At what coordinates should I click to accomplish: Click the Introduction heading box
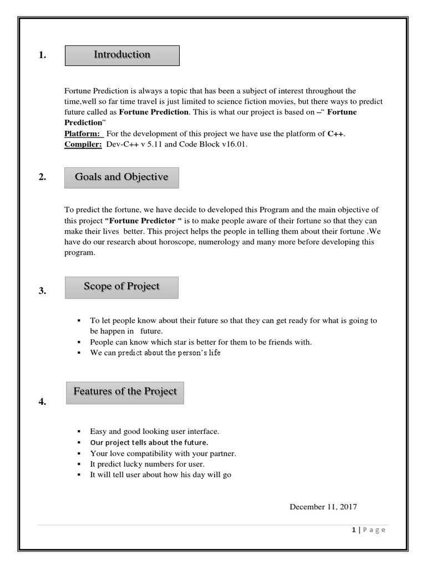(122, 55)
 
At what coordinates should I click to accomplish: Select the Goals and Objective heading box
(121, 177)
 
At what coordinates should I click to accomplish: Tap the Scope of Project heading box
(121, 287)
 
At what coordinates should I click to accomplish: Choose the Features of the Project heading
(125, 392)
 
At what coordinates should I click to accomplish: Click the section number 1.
(42, 55)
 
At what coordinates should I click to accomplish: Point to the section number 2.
(42, 177)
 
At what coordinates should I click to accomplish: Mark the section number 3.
(42, 291)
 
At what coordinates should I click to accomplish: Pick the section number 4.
(42, 402)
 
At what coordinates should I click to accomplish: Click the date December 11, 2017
(323, 506)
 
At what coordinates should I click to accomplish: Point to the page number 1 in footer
(353, 530)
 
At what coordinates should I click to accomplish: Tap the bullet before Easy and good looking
(79, 431)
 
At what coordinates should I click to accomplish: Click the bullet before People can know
(79, 342)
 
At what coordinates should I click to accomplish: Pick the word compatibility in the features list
(149, 453)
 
